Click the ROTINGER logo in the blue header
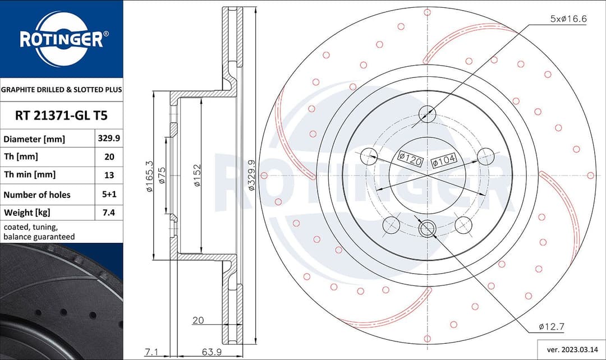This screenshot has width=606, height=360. pyautogui.click(x=61, y=39)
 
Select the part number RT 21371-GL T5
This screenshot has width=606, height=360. pyautogui.click(x=61, y=116)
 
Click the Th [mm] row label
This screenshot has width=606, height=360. pyautogui.click(x=21, y=157)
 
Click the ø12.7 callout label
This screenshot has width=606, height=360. pyautogui.click(x=550, y=326)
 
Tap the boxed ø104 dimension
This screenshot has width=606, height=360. pyautogui.click(x=444, y=161)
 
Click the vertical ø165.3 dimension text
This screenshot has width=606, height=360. pyautogui.click(x=149, y=176)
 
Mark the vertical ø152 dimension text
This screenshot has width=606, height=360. pyautogui.click(x=197, y=176)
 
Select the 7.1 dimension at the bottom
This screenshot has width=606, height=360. pyautogui.click(x=150, y=352)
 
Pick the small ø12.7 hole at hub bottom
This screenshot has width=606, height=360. pyautogui.click(x=428, y=228)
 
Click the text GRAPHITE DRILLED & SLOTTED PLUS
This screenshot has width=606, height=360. pyautogui.click(x=61, y=89)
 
